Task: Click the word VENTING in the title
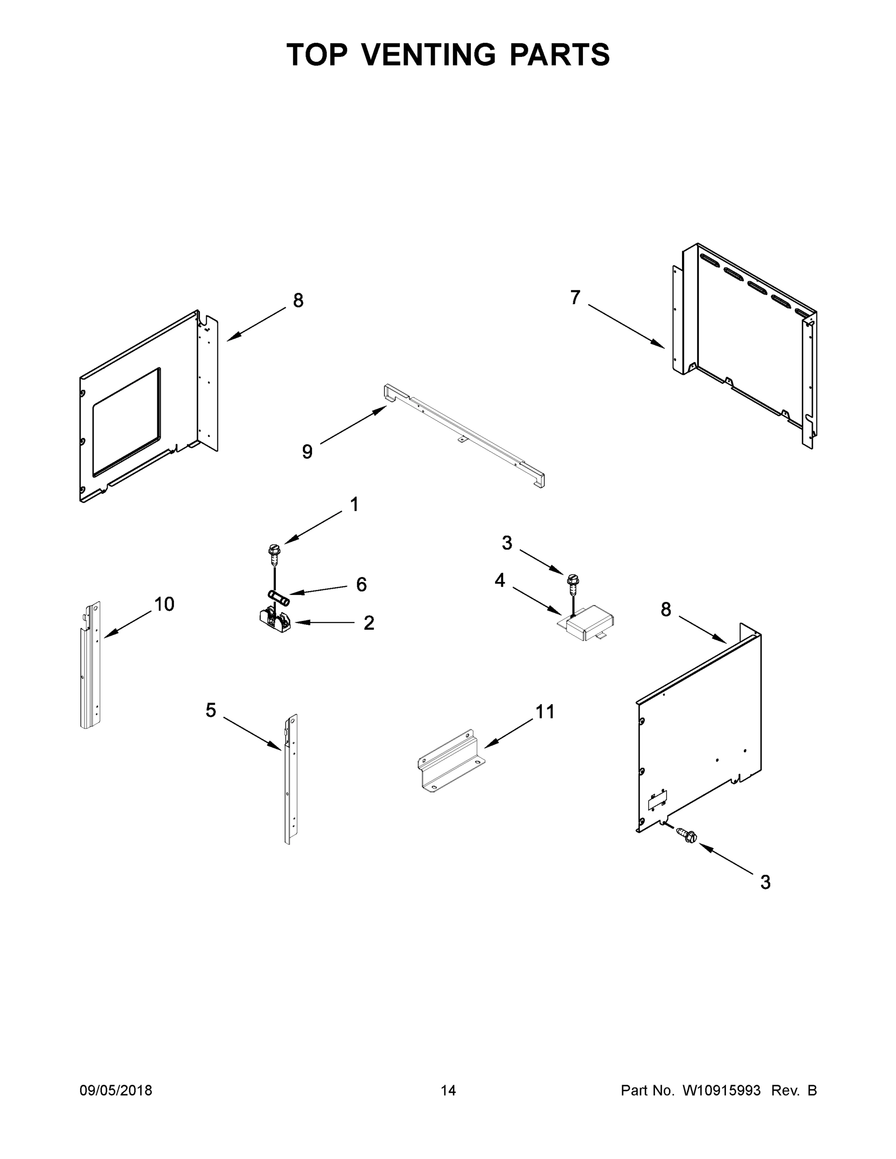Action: coord(429,55)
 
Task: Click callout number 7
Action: coord(575,297)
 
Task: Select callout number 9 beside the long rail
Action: coord(307,452)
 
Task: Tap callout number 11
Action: coord(545,712)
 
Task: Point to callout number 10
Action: coord(164,604)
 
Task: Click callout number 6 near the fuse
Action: coord(361,584)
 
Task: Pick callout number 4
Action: coord(499,580)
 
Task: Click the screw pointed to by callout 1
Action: coord(274,554)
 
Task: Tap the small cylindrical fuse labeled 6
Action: coord(279,598)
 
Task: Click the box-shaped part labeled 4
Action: coord(589,622)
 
